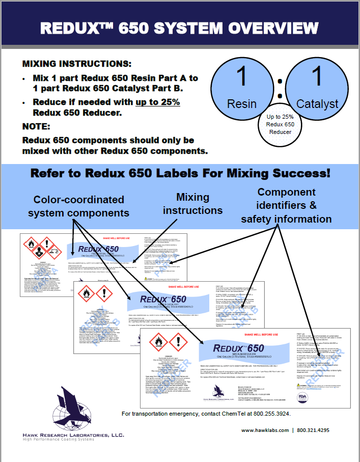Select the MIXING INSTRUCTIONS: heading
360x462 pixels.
coord(77,65)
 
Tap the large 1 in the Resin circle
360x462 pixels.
coord(242,76)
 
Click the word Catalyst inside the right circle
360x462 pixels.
coord(317,104)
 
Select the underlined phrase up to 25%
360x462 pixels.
coord(157,102)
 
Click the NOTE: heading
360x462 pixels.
coord(36,126)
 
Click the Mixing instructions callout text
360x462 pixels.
coord(192,203)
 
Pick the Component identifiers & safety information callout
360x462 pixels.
coord(286,206)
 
